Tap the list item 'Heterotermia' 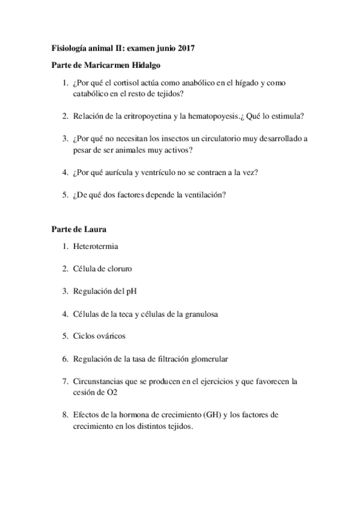coord(95,246)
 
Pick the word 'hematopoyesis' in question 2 coord(200,117)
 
